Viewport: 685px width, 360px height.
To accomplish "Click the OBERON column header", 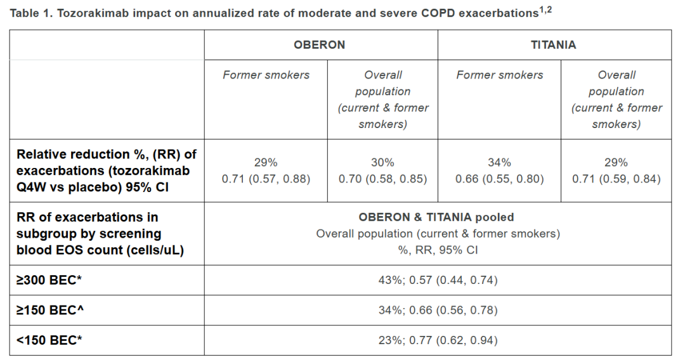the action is tap(319, 45).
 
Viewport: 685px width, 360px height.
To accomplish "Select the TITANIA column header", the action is tap(553, 45).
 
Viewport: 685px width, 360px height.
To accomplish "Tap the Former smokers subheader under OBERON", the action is tap(266, 75).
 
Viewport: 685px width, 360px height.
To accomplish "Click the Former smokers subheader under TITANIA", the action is tap(500, 75).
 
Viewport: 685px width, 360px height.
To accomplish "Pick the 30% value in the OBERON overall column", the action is tap(382, 162).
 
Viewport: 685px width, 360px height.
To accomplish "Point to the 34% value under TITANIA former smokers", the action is tap(499, 162).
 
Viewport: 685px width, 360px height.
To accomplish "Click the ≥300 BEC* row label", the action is tap(49, 280).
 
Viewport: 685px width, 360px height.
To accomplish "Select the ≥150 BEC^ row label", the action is tap(50, 311).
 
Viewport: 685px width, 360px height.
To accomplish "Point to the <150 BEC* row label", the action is tap(49, 340).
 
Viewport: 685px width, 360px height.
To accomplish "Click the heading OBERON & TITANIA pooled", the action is tap(436, 217).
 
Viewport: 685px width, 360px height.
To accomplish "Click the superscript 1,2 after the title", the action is tap(545, 10).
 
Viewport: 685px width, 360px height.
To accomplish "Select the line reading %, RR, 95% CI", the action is tap(438, 250).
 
